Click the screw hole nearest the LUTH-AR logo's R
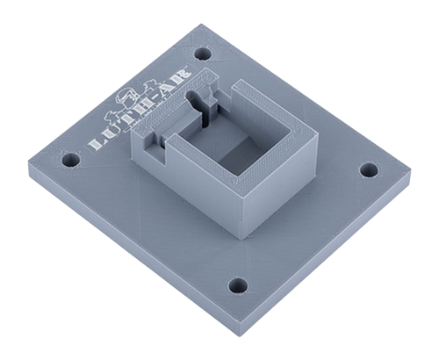pos(203,54)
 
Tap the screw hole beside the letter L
pos(71,160)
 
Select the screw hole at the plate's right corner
pos(369,170)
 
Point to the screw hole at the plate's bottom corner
pos(238,284)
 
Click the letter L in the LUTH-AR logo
pos(96,144)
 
